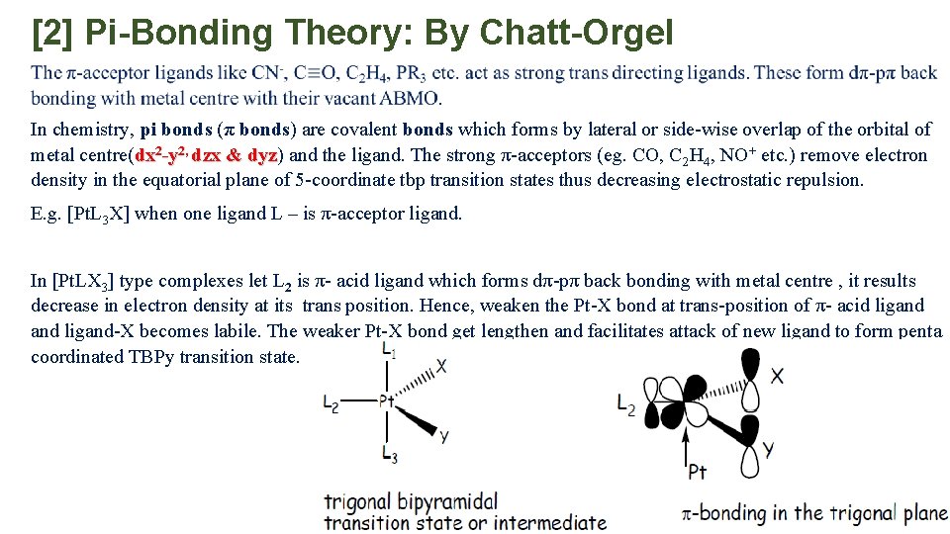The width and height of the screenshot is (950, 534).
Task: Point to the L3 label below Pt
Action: pyautogui.click(x=389, y=454)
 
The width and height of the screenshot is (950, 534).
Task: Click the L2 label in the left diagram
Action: pyautogui.click(x=332, y=401)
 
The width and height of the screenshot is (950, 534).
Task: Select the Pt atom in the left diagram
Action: pyautogui.click(x=388, y=401)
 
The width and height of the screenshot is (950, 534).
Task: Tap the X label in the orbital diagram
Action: pyautogui.click(x=778, y=376)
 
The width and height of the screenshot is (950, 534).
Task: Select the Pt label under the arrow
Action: pyautogui.click(x=698, y=472)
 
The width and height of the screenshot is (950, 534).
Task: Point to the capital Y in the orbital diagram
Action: pyautogui.click(x=769, y=449)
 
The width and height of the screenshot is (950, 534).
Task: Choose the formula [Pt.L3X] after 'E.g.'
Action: pyautogui.click(x=98, y=214)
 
